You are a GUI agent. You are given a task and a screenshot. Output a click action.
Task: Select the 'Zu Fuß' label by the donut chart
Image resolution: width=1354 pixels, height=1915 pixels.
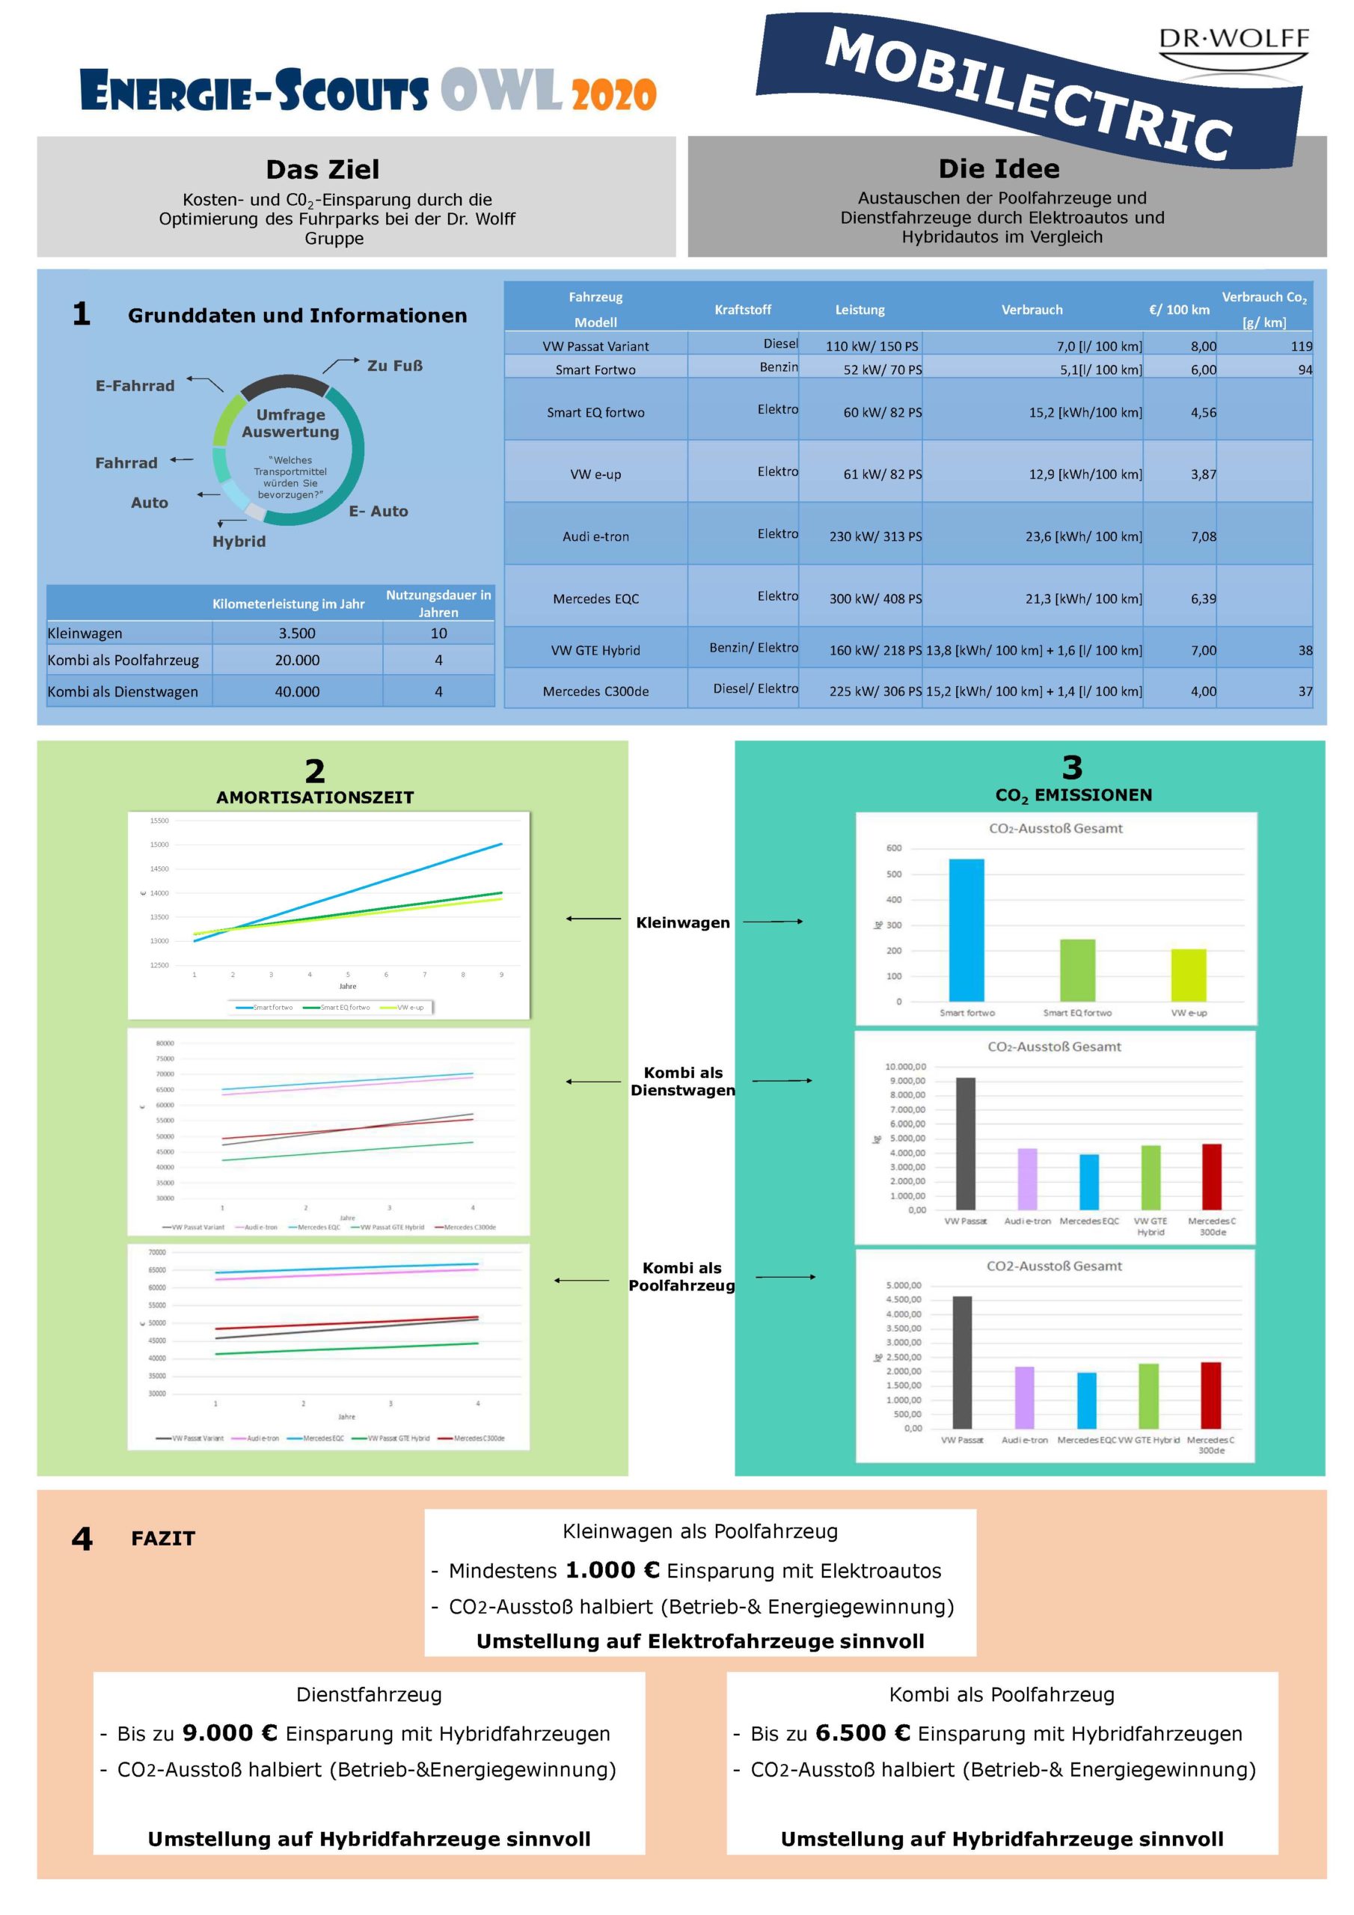tap(394, 365)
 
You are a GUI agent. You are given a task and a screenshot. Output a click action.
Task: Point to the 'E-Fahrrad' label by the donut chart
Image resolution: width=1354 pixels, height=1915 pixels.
tap(135, 385)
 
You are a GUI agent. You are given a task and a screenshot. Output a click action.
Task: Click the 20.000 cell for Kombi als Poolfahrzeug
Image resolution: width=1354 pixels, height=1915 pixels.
tap(297, 660)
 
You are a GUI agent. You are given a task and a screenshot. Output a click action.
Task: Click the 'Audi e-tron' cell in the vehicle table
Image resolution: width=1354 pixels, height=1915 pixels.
tap(595, 536)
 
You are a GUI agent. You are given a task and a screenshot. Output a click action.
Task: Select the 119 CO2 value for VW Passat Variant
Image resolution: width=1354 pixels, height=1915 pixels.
tap(1301, 346)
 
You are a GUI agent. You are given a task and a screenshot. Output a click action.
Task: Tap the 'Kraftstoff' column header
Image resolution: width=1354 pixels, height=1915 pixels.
tap(743, 310)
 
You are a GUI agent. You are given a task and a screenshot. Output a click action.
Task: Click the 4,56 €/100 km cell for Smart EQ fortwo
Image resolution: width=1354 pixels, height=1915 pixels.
tap(1203, 412)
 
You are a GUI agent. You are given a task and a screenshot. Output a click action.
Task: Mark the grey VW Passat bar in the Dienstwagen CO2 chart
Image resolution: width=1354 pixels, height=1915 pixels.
tap(965, 1143)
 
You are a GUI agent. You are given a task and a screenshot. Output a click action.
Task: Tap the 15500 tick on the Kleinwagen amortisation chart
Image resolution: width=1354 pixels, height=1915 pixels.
tap(159, 821)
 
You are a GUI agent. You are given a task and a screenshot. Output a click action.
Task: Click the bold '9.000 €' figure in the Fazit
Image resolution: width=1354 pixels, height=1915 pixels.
tap(230, 1733)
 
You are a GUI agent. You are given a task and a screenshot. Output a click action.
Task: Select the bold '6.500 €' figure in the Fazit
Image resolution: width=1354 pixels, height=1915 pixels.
tap(863, 1733)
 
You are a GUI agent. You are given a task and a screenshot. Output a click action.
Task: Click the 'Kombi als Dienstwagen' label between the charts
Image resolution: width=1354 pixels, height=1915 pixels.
tap(682, 1081)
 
